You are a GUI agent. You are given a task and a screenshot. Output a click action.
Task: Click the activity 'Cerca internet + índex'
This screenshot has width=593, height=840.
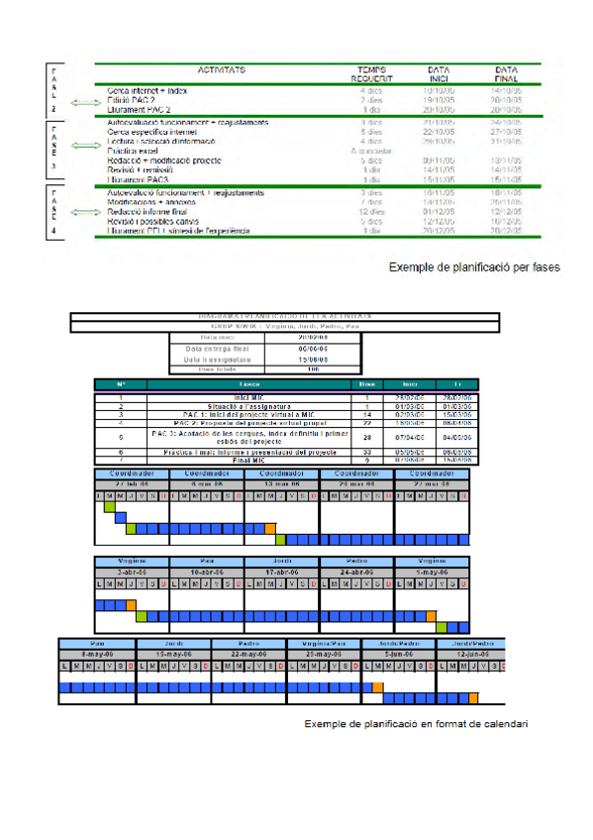(147, 90)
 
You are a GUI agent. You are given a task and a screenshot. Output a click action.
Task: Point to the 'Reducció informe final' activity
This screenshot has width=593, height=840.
(148, 211)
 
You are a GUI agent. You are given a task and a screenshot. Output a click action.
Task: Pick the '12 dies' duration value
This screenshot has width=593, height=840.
(371, 211)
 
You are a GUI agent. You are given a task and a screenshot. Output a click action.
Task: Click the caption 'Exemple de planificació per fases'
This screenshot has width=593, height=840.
(473, 266)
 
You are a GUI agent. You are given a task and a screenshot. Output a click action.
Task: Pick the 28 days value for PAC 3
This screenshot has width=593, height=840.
(365, 436)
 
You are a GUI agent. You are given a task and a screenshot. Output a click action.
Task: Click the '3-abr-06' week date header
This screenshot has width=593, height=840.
(132, 573)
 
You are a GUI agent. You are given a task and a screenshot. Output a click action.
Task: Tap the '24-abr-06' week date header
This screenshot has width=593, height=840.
(356, 573)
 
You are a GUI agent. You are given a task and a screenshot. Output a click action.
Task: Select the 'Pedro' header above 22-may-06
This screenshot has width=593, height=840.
(249, 643)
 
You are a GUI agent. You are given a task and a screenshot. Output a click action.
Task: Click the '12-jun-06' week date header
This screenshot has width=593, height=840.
(470, 654)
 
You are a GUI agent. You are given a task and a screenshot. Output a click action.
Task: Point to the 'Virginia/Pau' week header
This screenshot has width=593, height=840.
(325, 643)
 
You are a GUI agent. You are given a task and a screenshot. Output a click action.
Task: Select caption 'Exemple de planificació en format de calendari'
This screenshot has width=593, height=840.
(415, 724)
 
